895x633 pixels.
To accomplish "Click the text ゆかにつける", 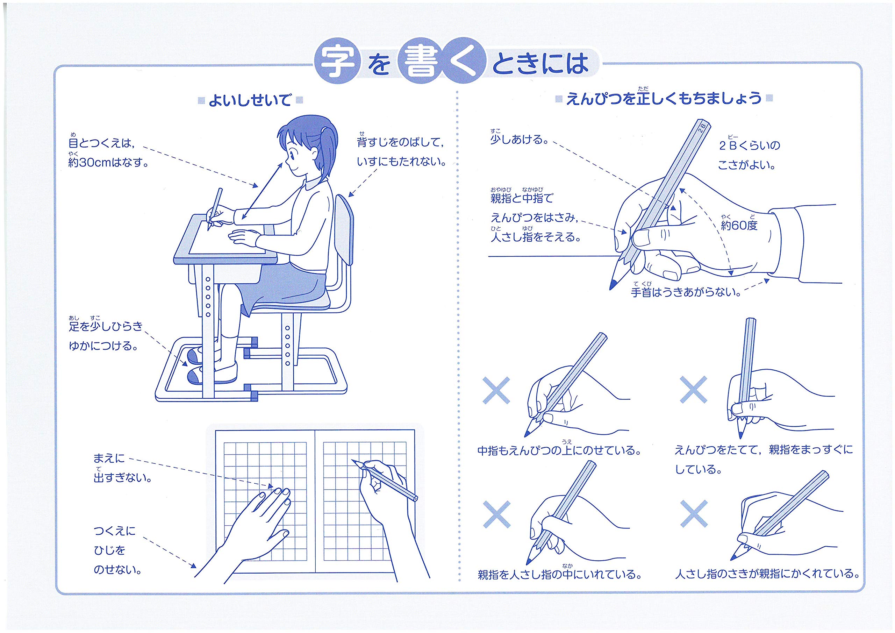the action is [104, 346].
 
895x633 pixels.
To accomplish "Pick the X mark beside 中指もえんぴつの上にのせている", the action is [496, 390].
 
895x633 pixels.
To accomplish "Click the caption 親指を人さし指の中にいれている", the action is [560, 573].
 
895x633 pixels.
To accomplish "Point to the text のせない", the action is [117, 570].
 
